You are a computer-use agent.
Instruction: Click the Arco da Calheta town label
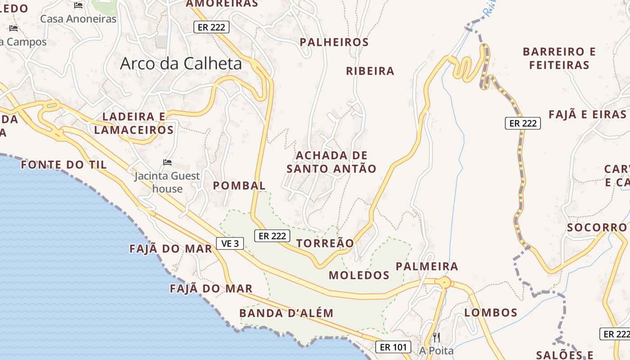point(181,63)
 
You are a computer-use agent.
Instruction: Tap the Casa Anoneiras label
point(78,19)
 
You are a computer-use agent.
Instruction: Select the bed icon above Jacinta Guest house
point(167,162)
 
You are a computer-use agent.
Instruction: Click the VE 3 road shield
point(230,243)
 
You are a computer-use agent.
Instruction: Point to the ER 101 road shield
point(393,347)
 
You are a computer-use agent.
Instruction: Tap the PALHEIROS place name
point(334,42)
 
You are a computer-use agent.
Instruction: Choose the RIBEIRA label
point(370,71)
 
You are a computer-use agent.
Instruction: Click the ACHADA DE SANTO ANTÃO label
point(332,162)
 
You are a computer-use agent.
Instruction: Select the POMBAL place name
point(239,185)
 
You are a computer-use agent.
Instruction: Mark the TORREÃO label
point(325,243)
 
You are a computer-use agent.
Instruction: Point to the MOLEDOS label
point(359,275)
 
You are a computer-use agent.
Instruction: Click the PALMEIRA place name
point(427,266)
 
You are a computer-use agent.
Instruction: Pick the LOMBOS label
point(490,312)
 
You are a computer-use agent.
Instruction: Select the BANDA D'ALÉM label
point(286,313)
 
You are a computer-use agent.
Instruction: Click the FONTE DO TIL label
point(64,165)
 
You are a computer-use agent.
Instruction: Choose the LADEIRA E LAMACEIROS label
point(134,123)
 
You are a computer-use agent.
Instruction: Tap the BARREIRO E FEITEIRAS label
point(559,58)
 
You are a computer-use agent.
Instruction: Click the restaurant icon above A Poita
point(436,337)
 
